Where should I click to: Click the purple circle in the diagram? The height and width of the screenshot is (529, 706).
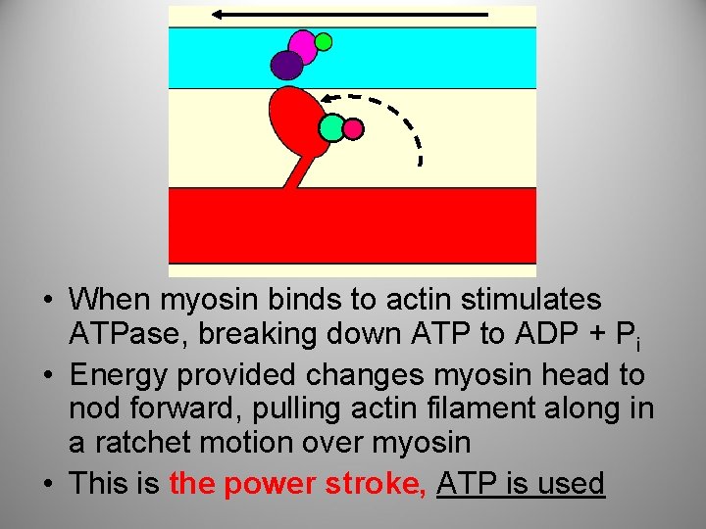click(x=286, y=65)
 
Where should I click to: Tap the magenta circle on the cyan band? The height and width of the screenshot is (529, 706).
click(x=303, y=45)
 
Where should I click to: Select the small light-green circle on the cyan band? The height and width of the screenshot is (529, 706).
click(x=323, y=42)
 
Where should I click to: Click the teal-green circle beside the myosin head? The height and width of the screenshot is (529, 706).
click(x=331, y=127)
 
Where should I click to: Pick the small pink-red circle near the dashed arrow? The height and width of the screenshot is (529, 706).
click(x=353, y=128)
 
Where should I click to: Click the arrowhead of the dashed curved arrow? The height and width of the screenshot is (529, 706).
click(x=329, y=98)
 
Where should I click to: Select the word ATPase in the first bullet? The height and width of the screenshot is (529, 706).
click(x=126, y=334)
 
